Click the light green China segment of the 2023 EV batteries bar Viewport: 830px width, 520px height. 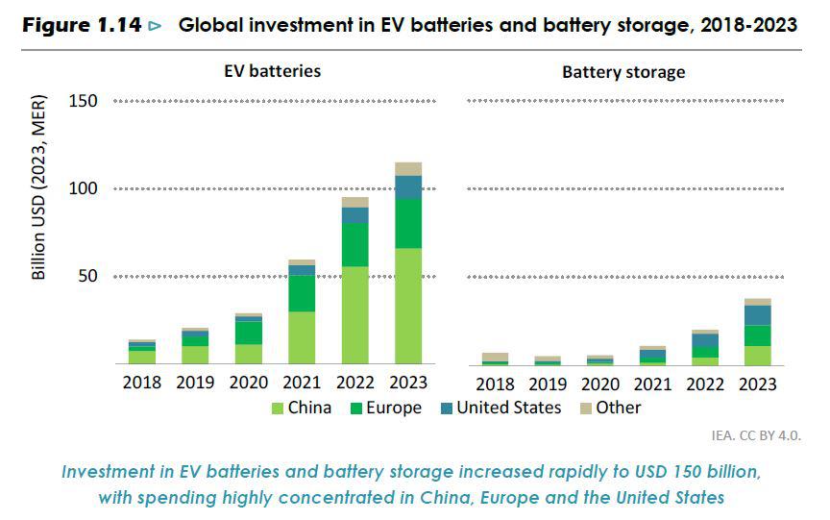tap(408, 306)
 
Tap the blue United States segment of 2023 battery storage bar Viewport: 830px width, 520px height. tap(758, 314)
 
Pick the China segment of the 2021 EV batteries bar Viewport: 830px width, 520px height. tap(302, 337)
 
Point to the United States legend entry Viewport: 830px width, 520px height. tap(508, 408)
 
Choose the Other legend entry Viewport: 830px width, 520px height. tap(619, 408)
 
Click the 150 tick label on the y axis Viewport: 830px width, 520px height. tap(84, 101)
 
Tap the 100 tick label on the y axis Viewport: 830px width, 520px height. tap(84, 189)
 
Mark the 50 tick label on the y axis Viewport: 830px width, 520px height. tap(87, 277)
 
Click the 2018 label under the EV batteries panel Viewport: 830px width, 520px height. tap(142, 383)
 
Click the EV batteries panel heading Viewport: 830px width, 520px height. tap(274, 71)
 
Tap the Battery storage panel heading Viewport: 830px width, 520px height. tap(623, 72)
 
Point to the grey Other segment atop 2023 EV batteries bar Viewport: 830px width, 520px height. tap(408, 169)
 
